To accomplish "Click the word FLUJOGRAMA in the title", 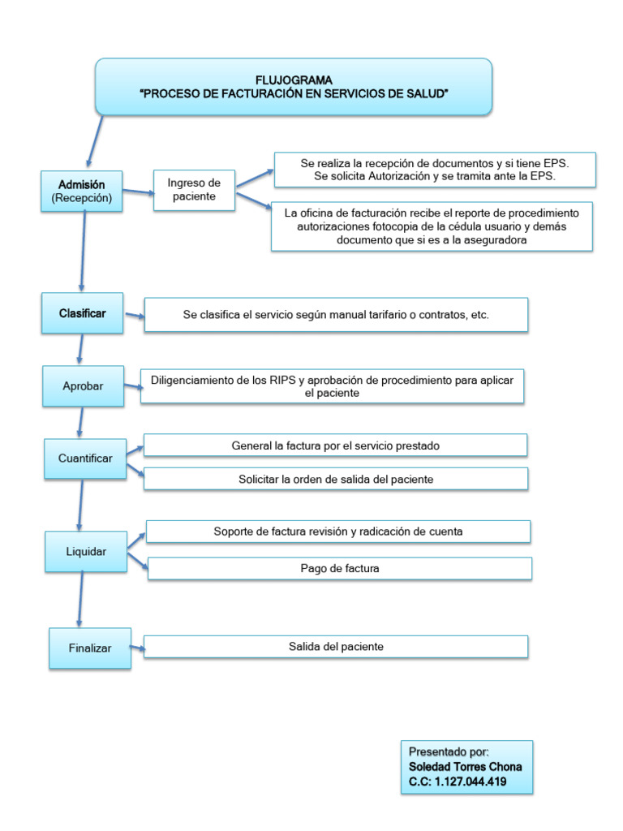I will coord(294,80).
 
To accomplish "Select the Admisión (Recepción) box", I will coord(82,191).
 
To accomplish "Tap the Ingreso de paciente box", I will coord(194,190).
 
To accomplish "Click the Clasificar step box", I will coord(82,313).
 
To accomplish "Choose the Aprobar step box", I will coord(83,386).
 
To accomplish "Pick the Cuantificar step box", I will coord(85,459).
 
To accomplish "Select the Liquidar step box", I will coord(86,552).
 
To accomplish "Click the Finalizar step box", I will coord(90,648).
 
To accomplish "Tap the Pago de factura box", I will coord(339,568).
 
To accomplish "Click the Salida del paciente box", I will coord(336,647).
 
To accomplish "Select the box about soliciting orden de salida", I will coord(336,479).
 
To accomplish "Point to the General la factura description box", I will coord(336,446).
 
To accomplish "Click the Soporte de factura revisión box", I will coord(338,532).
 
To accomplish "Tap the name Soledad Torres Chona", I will coord(465,767).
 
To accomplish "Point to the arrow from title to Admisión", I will coord(95,142).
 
